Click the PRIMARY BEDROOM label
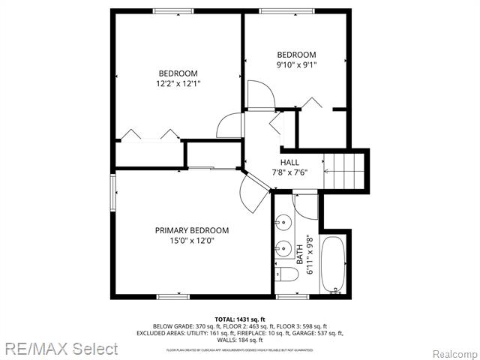[192, 230]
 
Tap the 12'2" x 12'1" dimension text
[178, 83]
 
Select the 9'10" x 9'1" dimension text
[296, 65]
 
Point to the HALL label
[289, 163]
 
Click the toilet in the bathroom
[286, 274]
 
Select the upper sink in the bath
[283, 223]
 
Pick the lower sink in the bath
[283, 249]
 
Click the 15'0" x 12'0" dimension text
[192, 241]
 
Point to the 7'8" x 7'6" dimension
[289, 173]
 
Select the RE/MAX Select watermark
[59, 349]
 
